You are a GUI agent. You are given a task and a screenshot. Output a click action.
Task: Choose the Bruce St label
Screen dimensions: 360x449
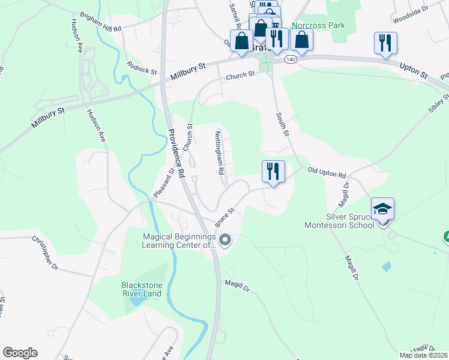pos(224,218)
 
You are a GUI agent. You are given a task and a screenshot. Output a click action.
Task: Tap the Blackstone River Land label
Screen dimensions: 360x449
pos(142,289)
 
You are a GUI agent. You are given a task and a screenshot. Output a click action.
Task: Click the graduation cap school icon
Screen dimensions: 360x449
pos(382,209)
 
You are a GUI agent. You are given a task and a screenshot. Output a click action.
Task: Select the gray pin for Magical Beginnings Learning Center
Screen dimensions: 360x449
pos(225,241)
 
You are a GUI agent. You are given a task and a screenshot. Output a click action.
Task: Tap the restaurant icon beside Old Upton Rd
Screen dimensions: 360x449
pos(273,172)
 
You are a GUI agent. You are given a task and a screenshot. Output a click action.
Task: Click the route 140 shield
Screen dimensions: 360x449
pos(291,59)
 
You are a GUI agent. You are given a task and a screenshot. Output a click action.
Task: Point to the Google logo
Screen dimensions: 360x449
pos(20,353)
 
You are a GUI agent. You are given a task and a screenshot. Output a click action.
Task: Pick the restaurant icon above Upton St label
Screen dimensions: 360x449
pos(384,43)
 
